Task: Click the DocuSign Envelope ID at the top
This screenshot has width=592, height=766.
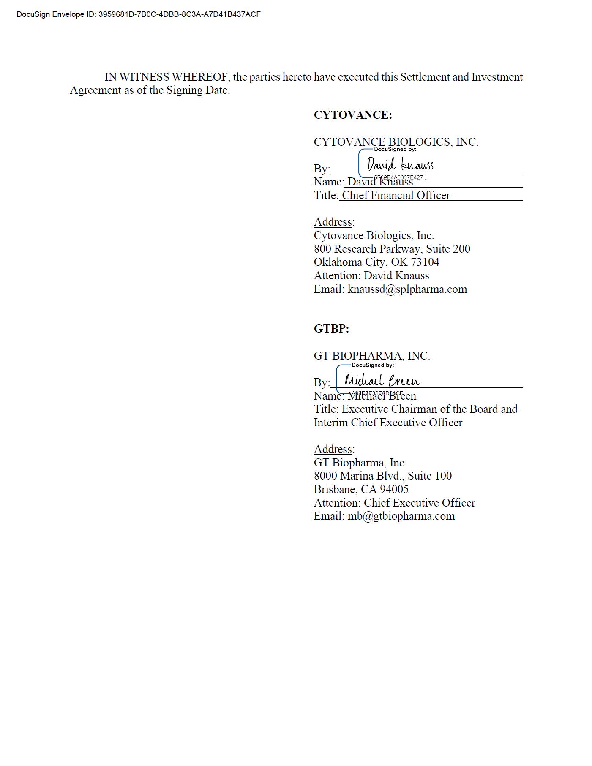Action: tap(138, 14)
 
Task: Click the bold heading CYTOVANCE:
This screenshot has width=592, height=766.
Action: tap(352, 115)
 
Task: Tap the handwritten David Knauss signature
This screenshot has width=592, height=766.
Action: tap(400, 164)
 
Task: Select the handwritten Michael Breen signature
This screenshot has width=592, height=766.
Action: tap(382, 380)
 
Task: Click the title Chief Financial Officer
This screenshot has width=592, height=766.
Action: tap(396, 195)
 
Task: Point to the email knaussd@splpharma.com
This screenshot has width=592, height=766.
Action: tap(407, 289)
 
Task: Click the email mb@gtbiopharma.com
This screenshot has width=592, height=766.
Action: tap(401, 516)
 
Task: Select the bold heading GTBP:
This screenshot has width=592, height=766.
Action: tap(331, 329)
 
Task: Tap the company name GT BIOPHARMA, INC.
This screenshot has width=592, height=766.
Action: tap(371, 356)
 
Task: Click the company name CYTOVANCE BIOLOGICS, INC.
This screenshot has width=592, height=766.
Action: tap(396, 142)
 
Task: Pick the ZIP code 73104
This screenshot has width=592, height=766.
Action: tap(425, 262)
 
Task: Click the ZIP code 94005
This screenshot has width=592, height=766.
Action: tap(394, 489)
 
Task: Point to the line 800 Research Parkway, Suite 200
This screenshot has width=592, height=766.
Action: tap(392, 249)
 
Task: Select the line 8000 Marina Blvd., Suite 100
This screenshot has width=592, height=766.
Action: tap(382, 476)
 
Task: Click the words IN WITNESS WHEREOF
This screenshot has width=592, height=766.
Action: tap(166, 77)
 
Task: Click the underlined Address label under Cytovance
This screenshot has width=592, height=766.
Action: tap(333, 222)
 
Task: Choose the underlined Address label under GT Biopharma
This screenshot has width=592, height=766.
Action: tap(333, 449)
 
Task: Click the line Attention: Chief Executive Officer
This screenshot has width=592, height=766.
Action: tap(394, 503)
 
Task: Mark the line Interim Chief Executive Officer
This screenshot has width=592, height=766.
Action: tap(388, 423)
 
